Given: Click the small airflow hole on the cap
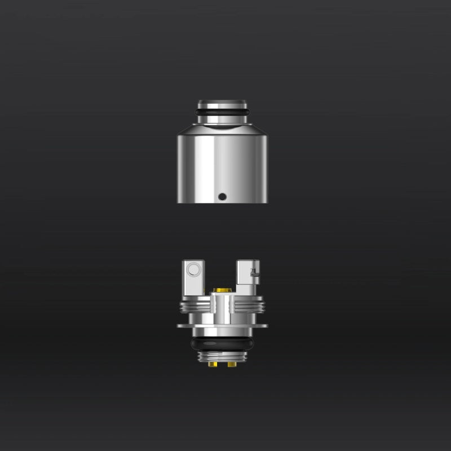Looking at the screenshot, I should [x=222, y=197].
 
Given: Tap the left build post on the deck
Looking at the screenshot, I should [x=192, y=279].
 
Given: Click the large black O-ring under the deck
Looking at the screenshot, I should [x=222, y=343].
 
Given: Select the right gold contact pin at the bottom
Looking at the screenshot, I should [x=232, y=365].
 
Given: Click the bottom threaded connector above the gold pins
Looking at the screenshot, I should [x=222, y=357].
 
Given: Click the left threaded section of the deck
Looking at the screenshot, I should [x=194, y=308].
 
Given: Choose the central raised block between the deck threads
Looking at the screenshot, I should [x=222, y=307].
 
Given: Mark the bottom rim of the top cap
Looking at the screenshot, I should [x=222, y=202].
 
